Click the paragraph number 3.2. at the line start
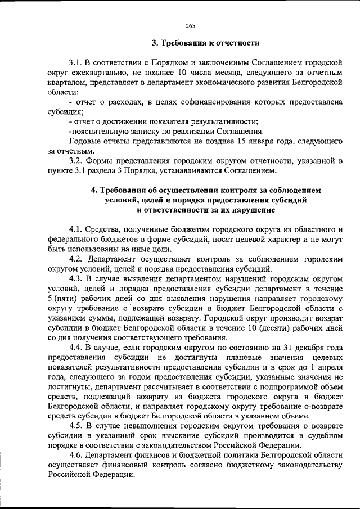pos(77,161)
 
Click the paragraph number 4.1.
pos(77,229)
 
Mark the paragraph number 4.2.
pos(77,259)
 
